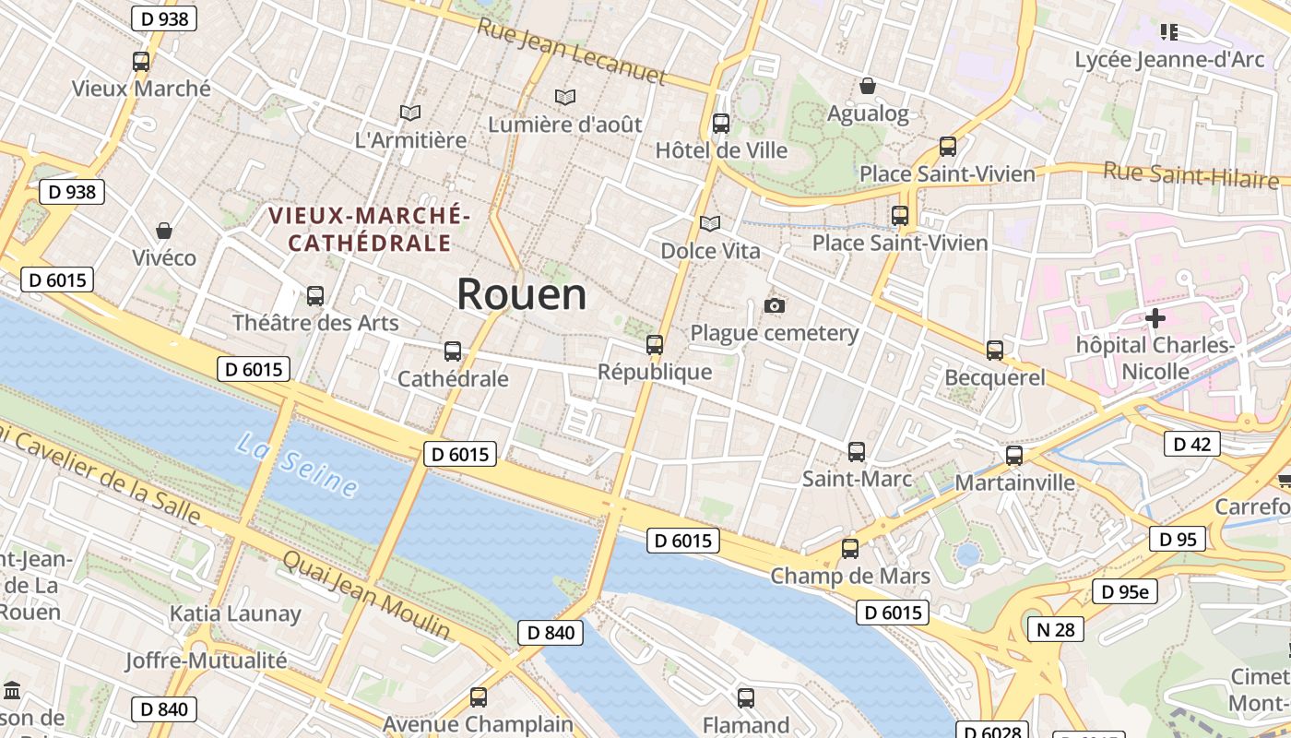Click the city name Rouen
tap(521, 294)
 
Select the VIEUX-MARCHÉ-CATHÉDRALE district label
tap(370, 229)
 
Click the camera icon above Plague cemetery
tap(775, 305)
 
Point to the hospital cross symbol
tap(1155, 318)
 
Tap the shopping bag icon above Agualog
tap(868, 87)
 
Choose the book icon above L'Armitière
tap(410, 113)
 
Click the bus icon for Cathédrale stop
tap(452, 351)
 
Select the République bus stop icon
tap(655, 345)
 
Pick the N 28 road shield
tap(1056, 629)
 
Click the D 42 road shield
tap(1191, 444)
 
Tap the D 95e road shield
tap(1124, 591)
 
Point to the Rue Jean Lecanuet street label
tap(571, 51)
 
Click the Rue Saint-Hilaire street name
tap(1190, 173)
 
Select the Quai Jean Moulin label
tap(366, 594)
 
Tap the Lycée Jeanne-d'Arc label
tap(1169, 60)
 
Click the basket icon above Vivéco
tap(164, 230)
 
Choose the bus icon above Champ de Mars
tap(850, 548)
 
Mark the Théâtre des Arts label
tap(315, 323)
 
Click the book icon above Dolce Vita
tap(709, 223)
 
